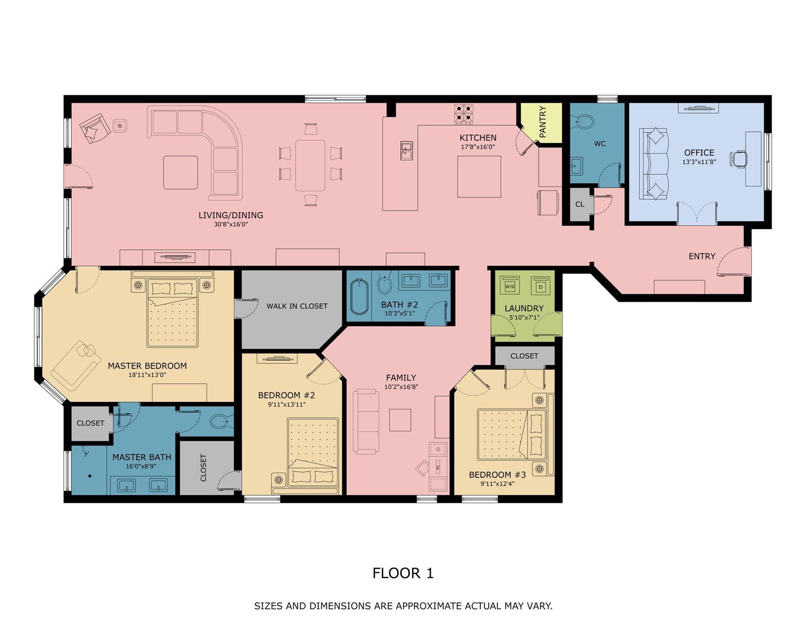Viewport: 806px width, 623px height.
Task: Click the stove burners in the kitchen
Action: pyautogui.click(x=463, y=114)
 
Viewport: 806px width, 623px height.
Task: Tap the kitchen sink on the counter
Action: pyautogui.click(x=406, y=150)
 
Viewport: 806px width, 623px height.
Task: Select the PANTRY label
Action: pyautogui.click(x=543, y=122)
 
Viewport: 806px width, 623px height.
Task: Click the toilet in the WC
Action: pyautogui.click(x=584, y=121)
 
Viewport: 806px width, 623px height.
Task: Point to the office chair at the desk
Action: pyautogui.click(x=739, y=159)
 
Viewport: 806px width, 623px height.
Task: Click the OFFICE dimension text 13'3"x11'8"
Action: pyautogui.click(x=699, y=162)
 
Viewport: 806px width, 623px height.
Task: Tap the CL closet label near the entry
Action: pyautogui.click(x=580, y=204)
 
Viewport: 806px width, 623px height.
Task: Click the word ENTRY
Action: pyautogui.click(x=702, y=256)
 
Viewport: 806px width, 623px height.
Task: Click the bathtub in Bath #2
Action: pyautogui.click(x=359, y=296)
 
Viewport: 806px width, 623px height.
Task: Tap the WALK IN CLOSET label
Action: pyautogui.click(x=297, y=306)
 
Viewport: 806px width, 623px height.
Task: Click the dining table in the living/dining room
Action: pyautogui.click(x=310, y=165)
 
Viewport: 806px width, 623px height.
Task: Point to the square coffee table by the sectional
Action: pyautogui.click(x=181, y=172)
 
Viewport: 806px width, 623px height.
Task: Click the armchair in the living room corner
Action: pyautogui.click(x=95, y=128)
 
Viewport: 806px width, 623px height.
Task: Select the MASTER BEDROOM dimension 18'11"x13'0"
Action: pyautogui.click(x=147, y=375)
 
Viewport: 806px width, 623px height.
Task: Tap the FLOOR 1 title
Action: pyautogui.click(x=403, y=573)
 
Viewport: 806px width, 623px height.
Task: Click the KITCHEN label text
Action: pyautogui.click(x=477, y=138)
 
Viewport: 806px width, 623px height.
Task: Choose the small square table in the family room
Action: pyautogui.click(x=400, y=420)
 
